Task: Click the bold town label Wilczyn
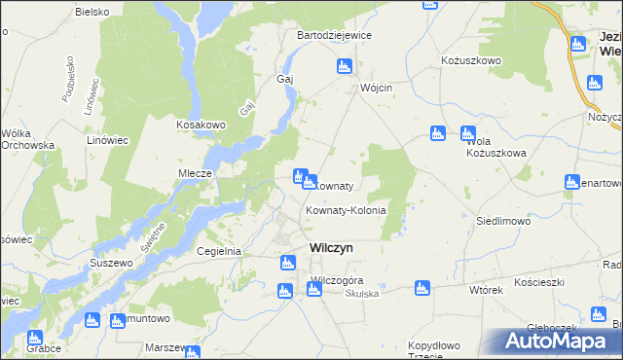[x=331, y=247]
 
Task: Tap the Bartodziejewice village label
[x=334, y=35]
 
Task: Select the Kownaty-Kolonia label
[x=346, y=210]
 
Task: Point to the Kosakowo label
[x=201, y=125]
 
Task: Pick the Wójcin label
[x=375, y=88]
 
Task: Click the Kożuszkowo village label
[x=470, y=60]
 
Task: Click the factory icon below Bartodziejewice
[x=343, y=66]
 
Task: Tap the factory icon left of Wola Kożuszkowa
[x=437, y=133]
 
